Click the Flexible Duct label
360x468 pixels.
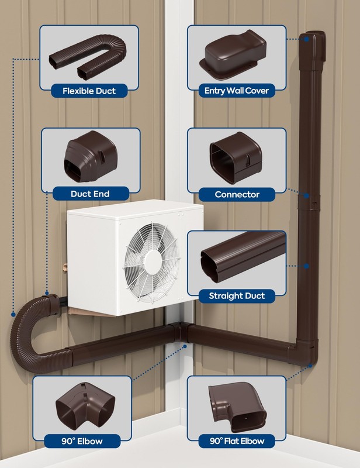pyautogui.click(x=89, y=91)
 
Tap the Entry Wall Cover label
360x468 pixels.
pyautogui.click(x=237, y=91)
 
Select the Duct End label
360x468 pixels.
pyautogui.click(x=90, y=194)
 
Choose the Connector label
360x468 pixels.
pyautogui.click(x=237, y=194)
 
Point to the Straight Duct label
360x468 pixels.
pyautogui.click(x=237, y=296)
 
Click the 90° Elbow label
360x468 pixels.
pyautogui.click(x=82, y=441)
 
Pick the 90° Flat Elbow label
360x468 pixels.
pyautogui.click(x=237, y=441)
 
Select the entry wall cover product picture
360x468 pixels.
pyautogui.click(x=233, y=54)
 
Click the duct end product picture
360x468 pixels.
pyautogui.click(x=90, y=156)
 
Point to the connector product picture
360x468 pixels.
pyautogui.click(x=236, y=157)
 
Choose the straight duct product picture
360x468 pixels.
pyautogui.click(x=243, y=256)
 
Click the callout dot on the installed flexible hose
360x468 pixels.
pyautogui.click(x=13, y=314)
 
